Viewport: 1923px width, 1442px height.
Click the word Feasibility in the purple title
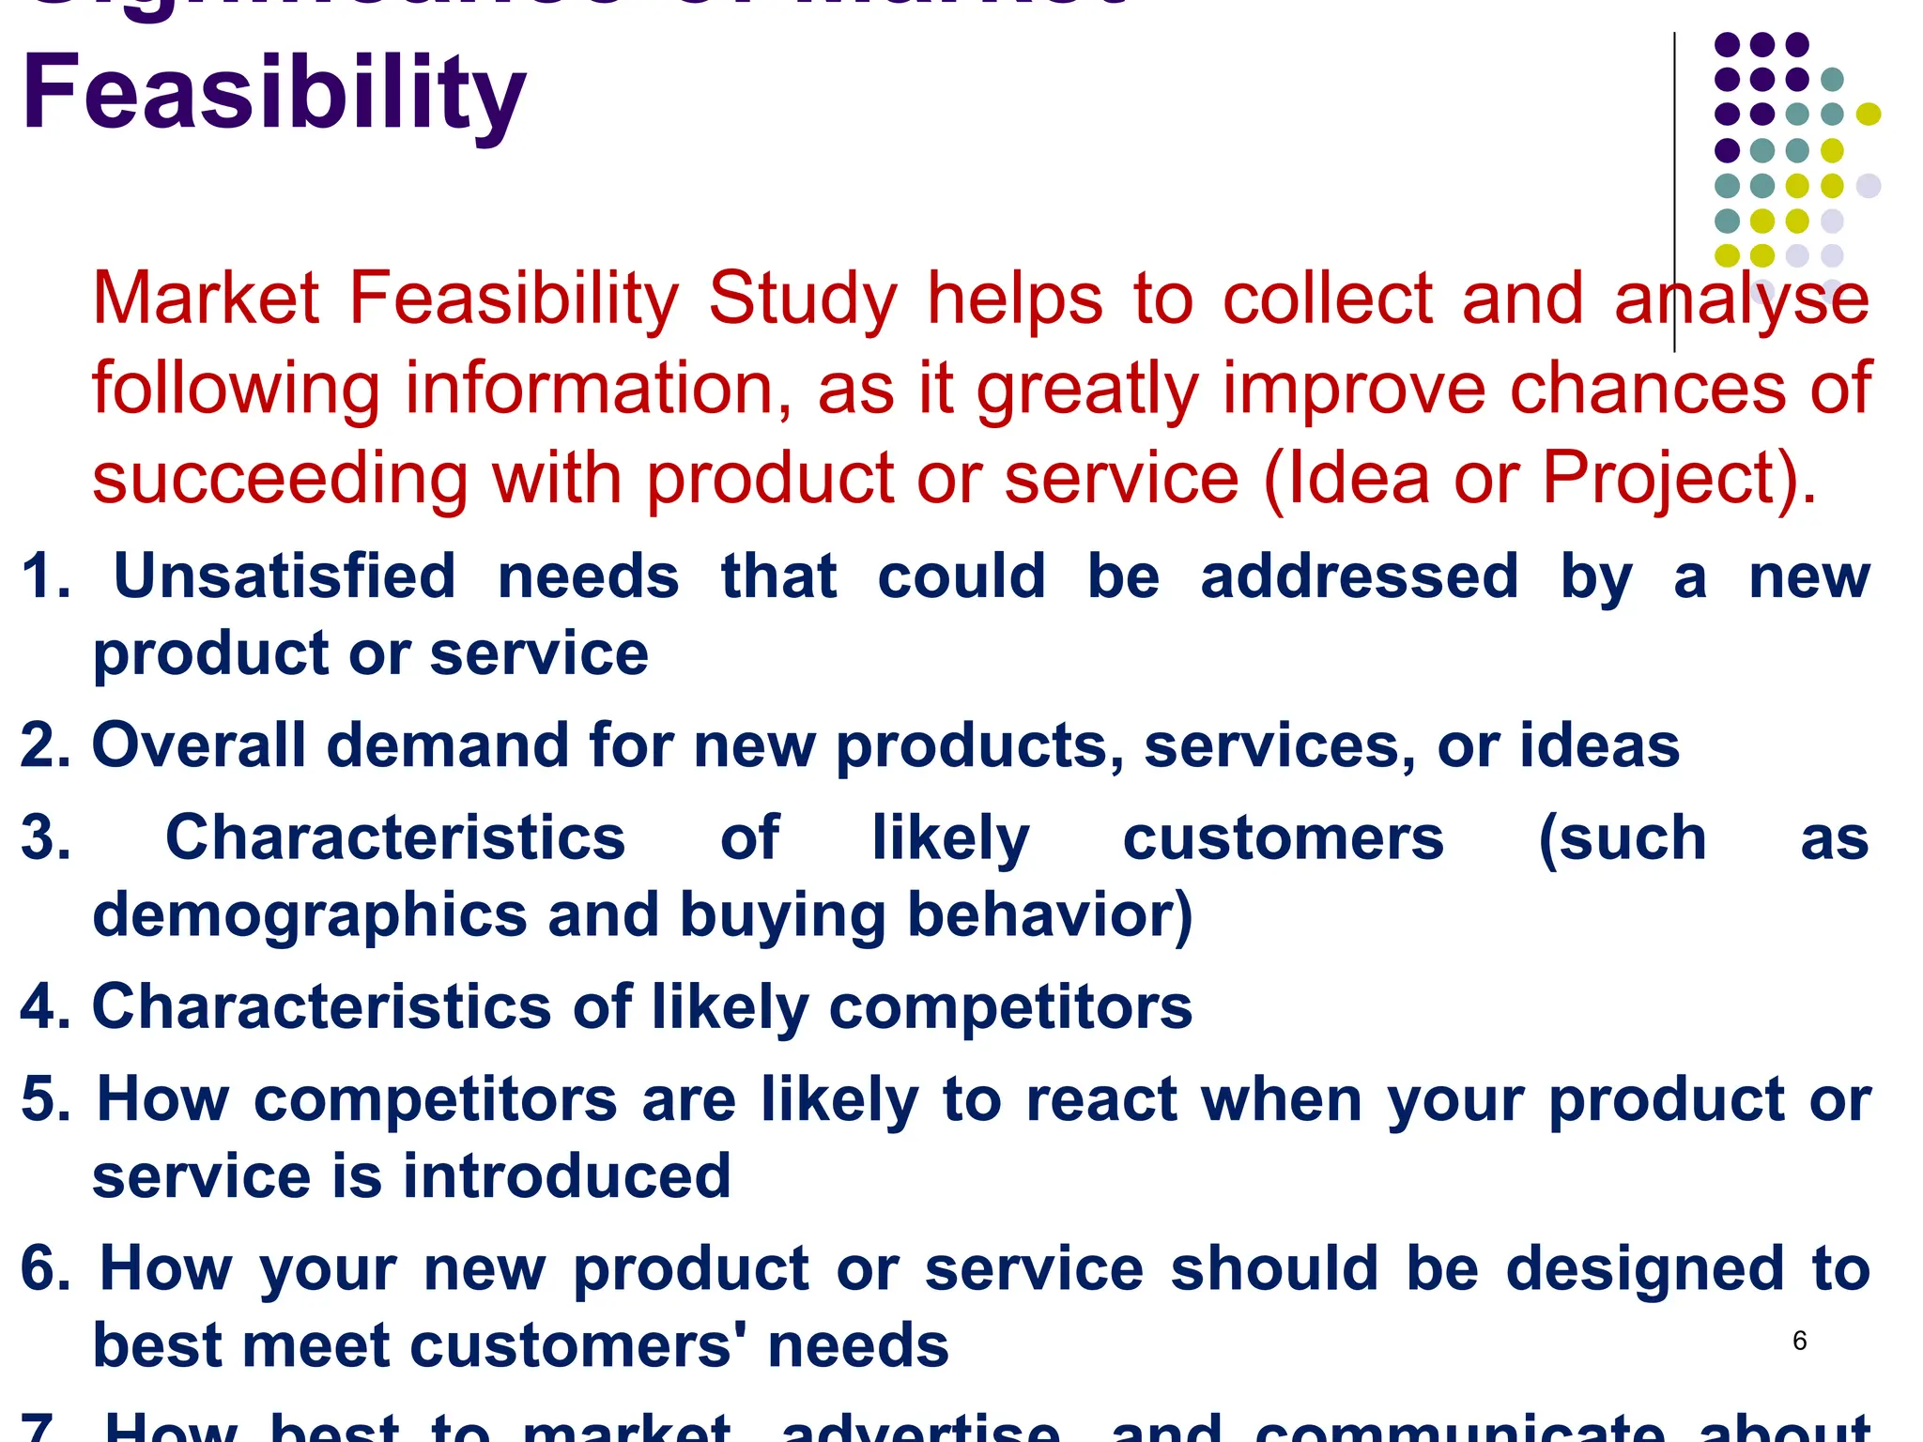pyautogui.click(x=273, y=94)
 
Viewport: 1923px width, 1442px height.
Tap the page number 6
pyautogui.click(x=1799, y=1341)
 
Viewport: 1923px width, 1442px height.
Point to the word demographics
pyautogui.click(x=310, y=915)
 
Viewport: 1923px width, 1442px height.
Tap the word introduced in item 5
pyautogui.click(x=567, y=1176)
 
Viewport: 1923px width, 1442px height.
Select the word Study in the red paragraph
pyautogui.click(x=803, y=299)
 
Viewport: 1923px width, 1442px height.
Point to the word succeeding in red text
pyautogui.click(x=280, y=479)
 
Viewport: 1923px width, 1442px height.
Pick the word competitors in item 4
pyautogui.click(x=1010, y=1006)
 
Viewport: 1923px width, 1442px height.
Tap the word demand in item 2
pyautogui.click(x=448, y=745)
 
